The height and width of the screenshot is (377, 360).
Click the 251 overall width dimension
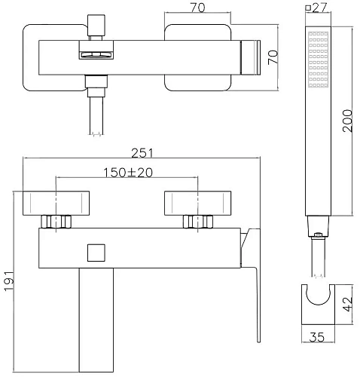[x=142, y=153]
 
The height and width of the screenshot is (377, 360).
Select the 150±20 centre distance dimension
[x=128, y=173]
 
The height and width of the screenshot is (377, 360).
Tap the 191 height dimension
[x=9, y=281]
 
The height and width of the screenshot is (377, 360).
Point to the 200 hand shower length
[x=348, y=121]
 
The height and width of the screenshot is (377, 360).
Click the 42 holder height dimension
[x=348, y=305]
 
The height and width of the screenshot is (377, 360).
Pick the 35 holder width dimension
[x=317, y=337]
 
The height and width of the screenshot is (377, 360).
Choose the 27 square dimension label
[x=320, y=8]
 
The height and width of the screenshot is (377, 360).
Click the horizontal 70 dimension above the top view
[x=197, y=8]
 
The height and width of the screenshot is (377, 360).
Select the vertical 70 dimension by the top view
[x=273, y=57]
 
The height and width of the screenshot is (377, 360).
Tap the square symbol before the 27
[x=308, y=8]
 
